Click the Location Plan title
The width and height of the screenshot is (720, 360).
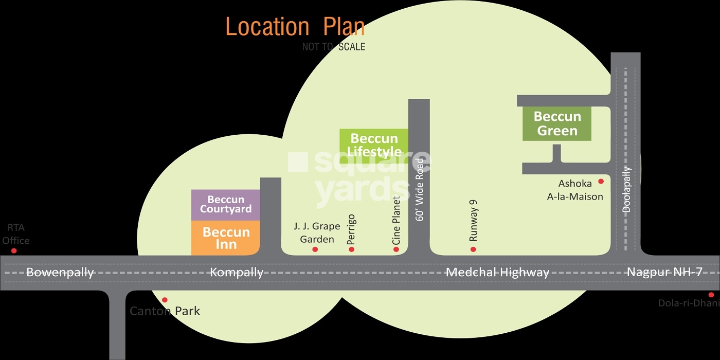295,27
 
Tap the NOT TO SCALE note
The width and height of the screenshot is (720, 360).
334,47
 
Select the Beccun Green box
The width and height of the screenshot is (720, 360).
557,123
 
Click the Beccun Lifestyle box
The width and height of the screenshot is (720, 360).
374,146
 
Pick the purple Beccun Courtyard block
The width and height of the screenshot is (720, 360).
226,204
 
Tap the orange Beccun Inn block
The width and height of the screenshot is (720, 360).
226,238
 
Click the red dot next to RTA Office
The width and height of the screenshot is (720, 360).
14,251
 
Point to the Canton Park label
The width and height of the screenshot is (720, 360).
165,311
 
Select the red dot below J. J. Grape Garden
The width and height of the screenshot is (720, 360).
315,249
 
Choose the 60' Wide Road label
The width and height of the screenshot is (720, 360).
420,189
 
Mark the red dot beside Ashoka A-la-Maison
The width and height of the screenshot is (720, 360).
600,182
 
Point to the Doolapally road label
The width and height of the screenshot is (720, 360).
626,189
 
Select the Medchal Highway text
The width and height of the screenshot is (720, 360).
497,273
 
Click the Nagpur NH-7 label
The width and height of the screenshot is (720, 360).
664,273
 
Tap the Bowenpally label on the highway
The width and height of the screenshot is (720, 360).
60,273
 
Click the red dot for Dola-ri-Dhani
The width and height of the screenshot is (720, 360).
711,295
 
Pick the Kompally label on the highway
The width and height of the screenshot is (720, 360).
237,273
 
